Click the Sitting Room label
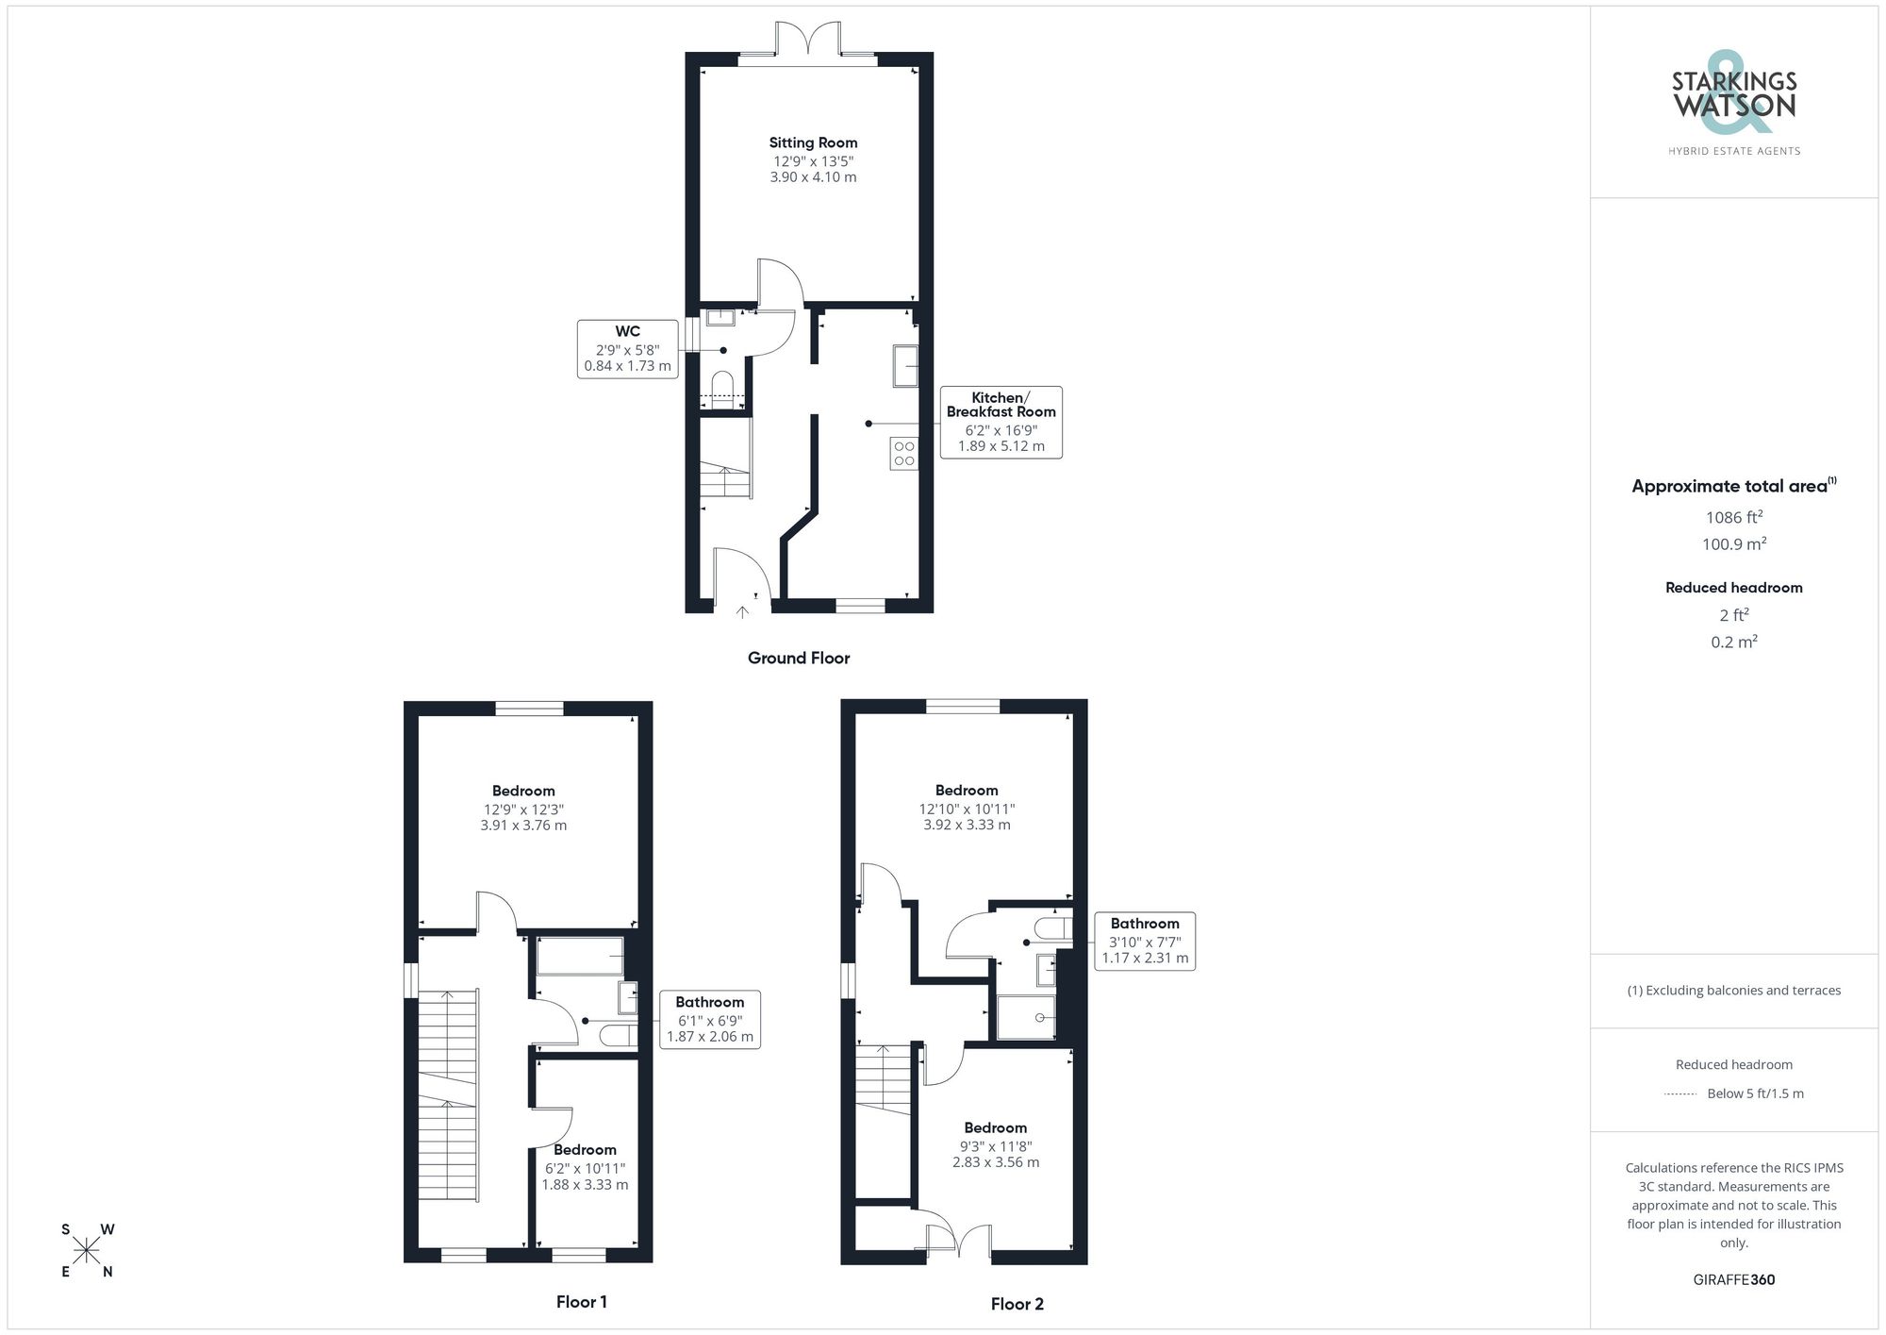coord(813,142)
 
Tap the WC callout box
coord(628,349)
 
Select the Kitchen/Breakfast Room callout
coord(1001,422)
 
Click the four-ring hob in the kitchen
coord(903,454)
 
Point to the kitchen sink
coord(905,365)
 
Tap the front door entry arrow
coord(742,612)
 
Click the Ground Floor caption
coord(799,659)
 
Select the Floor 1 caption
coord(581,1302)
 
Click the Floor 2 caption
coord(1017,1304)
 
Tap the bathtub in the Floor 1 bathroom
coord(580,956)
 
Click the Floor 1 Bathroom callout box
coord(709,1019)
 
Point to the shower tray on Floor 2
coord(1026,1017)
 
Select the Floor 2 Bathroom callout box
coord(1145,941)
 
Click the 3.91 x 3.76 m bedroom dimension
coord(523,826)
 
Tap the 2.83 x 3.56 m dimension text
coord(996,1162)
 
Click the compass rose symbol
coord(87,1251)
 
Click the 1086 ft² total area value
coord(1733,517)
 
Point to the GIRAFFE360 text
coord(1733,1280)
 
